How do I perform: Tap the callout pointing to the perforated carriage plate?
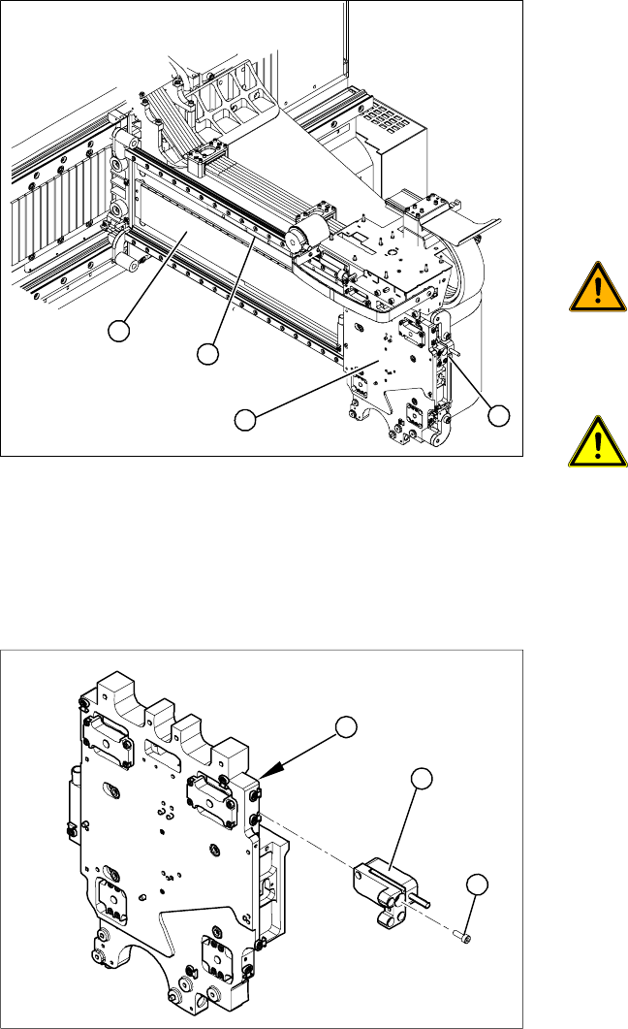tap(245, 419)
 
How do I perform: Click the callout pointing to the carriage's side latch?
tap(498, 416)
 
